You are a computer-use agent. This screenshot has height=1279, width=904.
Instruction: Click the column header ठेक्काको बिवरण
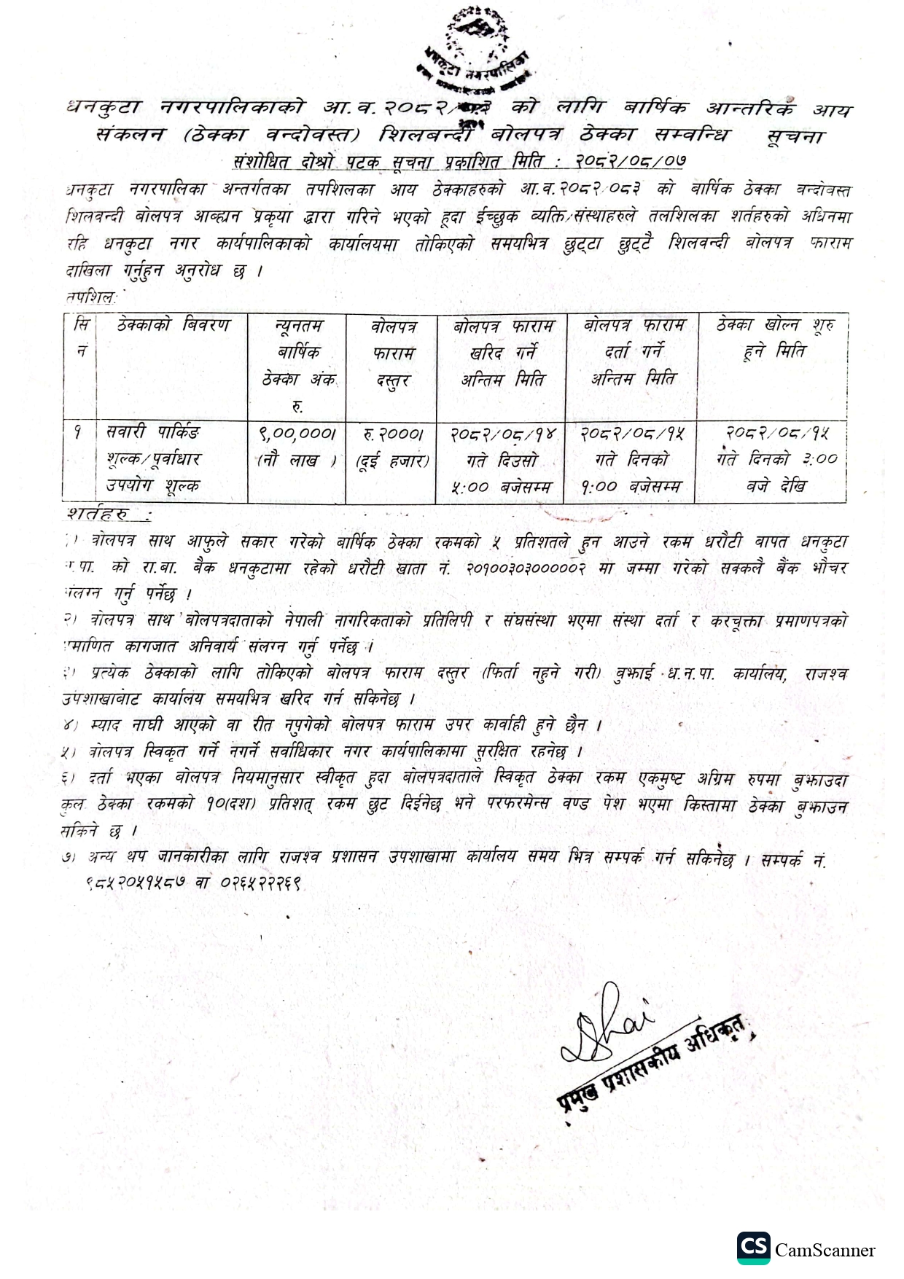click(x=173, y=325)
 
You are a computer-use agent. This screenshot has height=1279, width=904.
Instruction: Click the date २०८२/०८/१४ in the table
click(x=502, y=434)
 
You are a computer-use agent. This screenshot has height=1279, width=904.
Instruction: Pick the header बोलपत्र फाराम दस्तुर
click(x=392, y=353)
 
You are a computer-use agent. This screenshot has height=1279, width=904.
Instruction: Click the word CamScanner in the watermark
click(x=825, y=1251)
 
